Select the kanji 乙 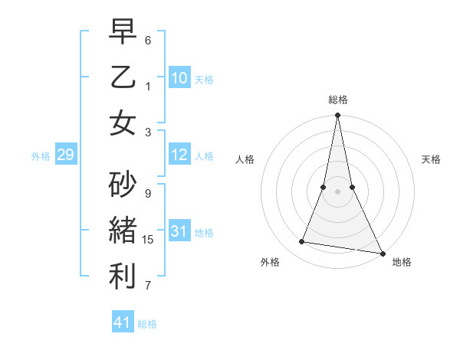[x=123, y=77]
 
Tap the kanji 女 [x=123, y=123]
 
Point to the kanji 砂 [x=123, y=183]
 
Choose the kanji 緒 [x=123, y=230]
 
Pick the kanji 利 [x=123, y=276]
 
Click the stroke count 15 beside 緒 [x=149, y=240]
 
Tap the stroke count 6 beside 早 [x=148, y=39]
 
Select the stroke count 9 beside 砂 [x=148, y=194]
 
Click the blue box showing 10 [x=179, y=78]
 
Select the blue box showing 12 [x=179, y=155]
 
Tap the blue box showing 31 [x=179, y=231]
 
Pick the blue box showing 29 [x=65, y=155]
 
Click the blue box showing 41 [x=123, y=322]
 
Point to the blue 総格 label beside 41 [x=147, y=324]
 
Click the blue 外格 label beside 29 [x=41, y=156]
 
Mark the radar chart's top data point [x=337, y=116]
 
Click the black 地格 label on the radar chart [x=402, y=262]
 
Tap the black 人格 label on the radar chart [x=245, y=159]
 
